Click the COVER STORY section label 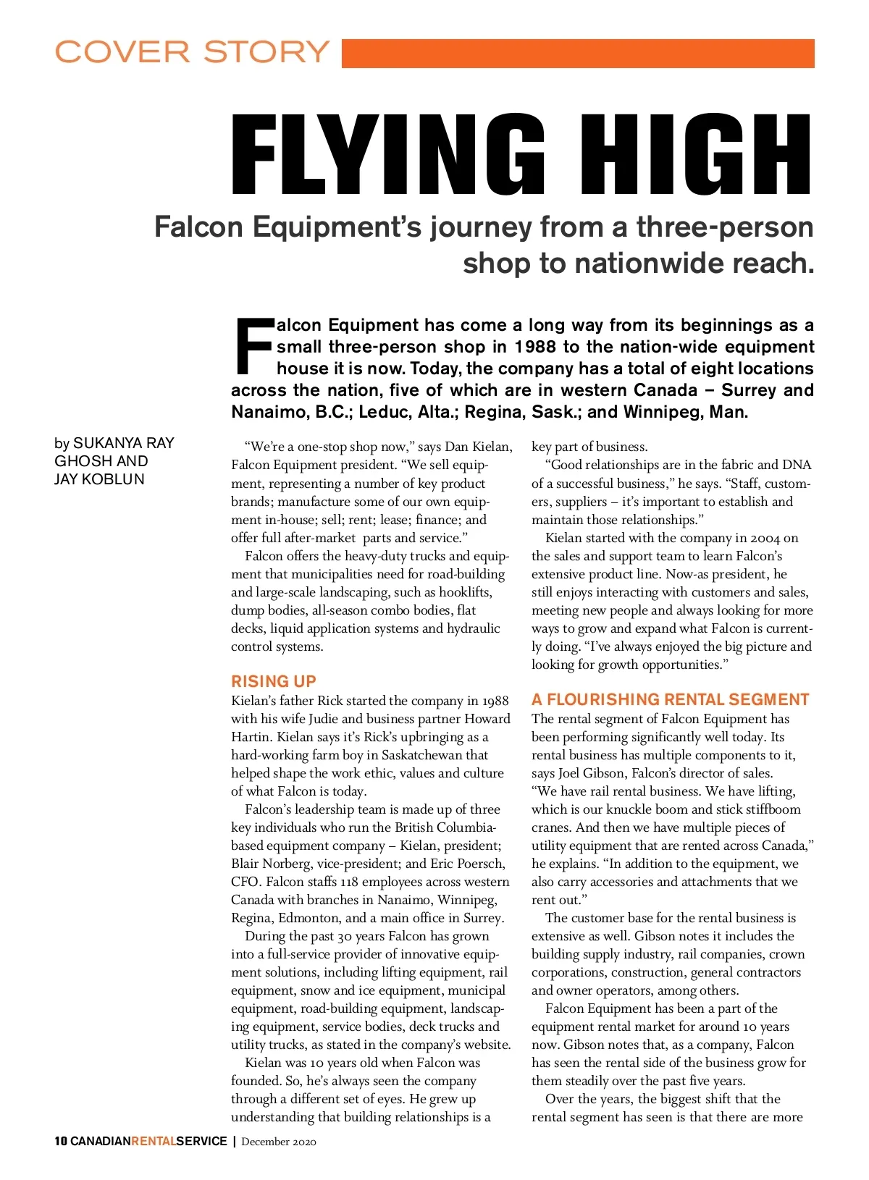point(192,52)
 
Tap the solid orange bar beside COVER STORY point(577,54)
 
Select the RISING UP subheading point(274,681)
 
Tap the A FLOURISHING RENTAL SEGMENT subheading point(670,699)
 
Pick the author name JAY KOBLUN point(99,479)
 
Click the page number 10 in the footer point(61,1142)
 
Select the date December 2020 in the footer point(279,1142)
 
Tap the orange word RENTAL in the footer point(154,1142)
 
